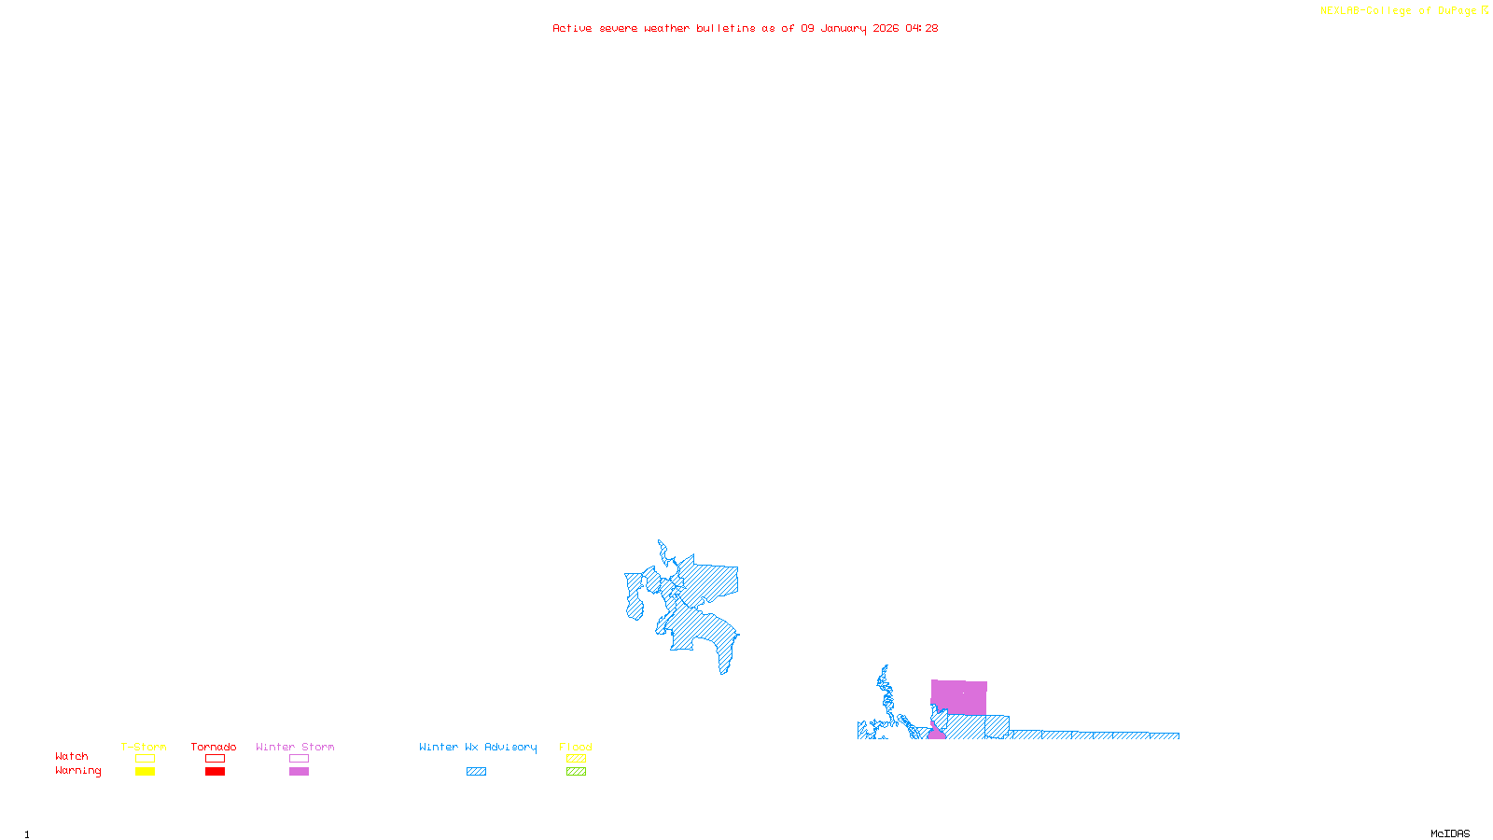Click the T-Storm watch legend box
pos(145,759)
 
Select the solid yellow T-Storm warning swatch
pos(145,772)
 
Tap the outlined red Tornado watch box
pos(215,759)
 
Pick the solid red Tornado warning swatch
pos(215,772)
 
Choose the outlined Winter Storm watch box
pos(299,759)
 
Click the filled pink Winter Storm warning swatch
pos(299,772)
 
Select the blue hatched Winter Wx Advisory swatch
pos(476,772)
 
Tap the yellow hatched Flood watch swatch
pos(576,759)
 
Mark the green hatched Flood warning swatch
pos(576,772)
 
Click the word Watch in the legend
pos(72,757)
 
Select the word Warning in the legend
pos(77,771)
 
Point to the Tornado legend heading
pos(214,747)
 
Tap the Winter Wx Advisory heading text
pos(478,747)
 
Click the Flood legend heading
pos(576,747)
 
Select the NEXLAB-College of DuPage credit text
pos(1399,11)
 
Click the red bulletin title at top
pos(745,28)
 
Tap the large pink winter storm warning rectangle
pos(959,697)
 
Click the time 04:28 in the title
pos(921,28)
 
